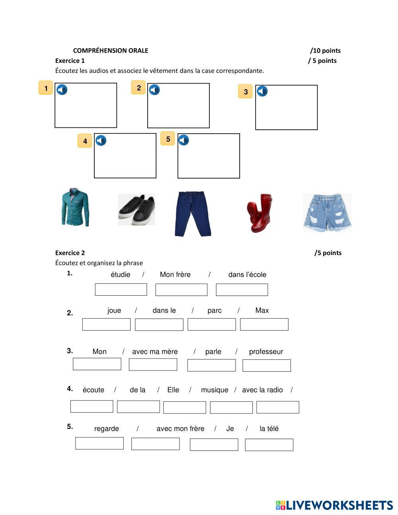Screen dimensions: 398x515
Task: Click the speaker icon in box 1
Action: (62, 90)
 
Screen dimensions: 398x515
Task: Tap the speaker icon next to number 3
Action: (262, 92)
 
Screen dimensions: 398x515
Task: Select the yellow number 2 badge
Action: (139, 88)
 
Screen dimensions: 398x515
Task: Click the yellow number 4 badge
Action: (85, 141)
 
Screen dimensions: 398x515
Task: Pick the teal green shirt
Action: (75, 207)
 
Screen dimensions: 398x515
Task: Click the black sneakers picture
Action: (137, 210)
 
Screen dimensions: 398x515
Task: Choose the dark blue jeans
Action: (193, 213)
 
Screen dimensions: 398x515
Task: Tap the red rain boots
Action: (259, 213)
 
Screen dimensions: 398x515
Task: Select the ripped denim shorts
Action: (327, 213)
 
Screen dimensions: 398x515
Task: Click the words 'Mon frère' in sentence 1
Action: (175, 275)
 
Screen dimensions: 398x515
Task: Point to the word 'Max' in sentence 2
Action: (262, 310)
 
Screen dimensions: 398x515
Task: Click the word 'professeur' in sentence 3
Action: (266, 352)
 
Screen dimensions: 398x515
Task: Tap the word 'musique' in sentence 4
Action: (215, 390)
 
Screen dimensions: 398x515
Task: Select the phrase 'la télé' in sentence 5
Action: (269, 429)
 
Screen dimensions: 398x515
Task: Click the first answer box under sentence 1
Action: (121, 290)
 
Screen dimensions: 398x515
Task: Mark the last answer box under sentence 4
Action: (278, 407)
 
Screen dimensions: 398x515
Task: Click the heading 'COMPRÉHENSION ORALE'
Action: (111, 51)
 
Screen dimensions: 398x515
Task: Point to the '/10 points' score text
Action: (326, 51)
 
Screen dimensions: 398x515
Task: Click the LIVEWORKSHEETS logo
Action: (334, 505)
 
